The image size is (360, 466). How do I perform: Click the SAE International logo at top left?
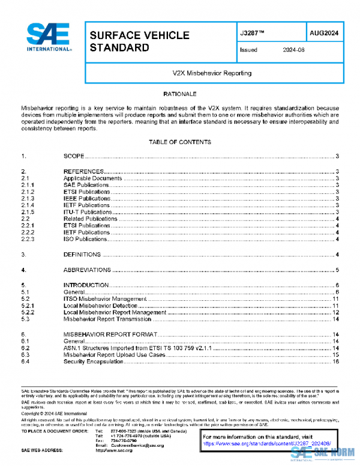point(49,38)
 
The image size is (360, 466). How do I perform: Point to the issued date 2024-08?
point(293,50)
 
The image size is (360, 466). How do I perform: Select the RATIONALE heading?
point(179,95)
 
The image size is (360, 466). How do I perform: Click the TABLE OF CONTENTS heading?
point(180,142)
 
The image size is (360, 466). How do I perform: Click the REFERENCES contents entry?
point(84,172)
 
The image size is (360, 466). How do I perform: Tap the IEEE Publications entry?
point(87,198)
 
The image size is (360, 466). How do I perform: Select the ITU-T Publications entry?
point(88,212)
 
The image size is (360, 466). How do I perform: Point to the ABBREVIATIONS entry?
point(88,270)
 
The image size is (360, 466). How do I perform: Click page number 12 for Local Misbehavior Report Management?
point(337,313)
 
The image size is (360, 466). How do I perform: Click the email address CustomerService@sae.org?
point(137,444)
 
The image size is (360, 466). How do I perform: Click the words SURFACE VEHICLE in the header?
point(139,35)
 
